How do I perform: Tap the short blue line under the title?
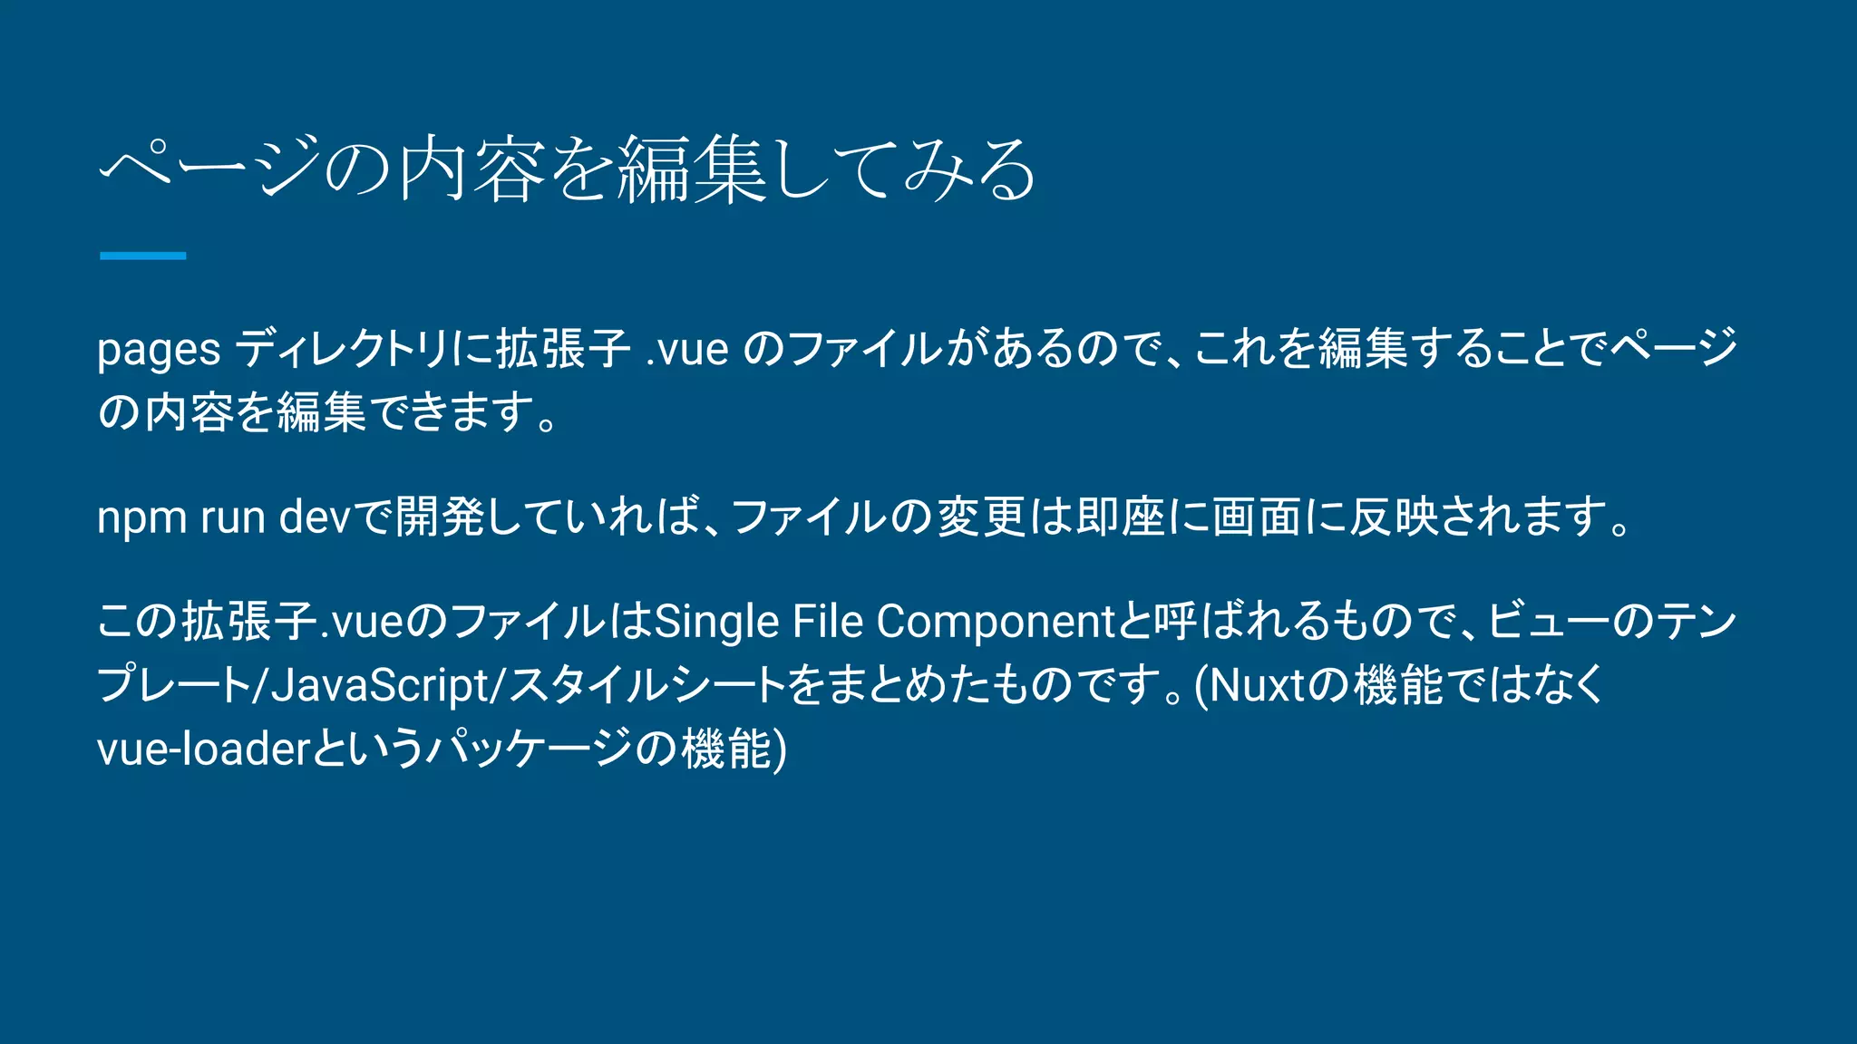(142, 256)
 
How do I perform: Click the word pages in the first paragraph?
(159, 350)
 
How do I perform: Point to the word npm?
(141, 518)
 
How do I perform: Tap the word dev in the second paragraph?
(314, 518)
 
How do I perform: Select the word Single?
(716, 623)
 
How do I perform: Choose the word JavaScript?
(381, 685)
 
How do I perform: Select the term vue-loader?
(204, 749)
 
